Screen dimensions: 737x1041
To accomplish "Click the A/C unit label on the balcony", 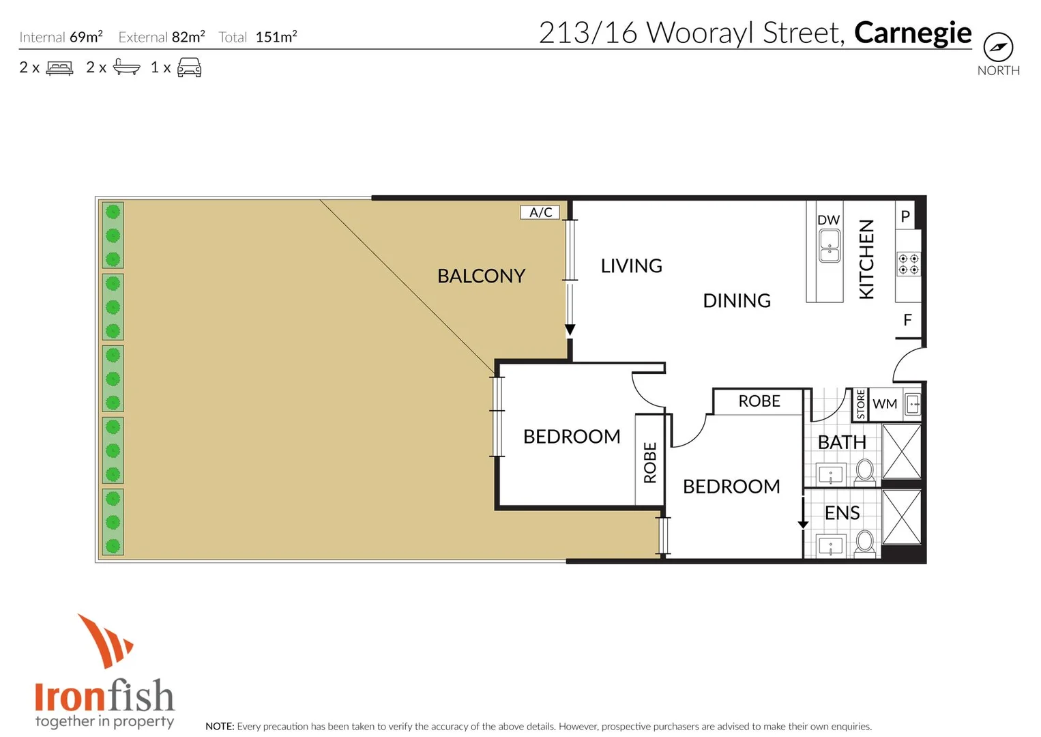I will point(540,212).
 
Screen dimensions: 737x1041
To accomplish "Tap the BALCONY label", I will point(481,276).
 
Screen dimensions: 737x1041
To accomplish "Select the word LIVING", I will point(631,265).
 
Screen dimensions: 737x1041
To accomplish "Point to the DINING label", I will point(737,300).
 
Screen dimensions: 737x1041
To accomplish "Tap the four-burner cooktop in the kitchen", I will point(909,264).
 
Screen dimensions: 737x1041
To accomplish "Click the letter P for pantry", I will point(905,216).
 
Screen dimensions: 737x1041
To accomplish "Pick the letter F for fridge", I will point(907,320).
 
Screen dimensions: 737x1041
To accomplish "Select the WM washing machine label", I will point(885,404).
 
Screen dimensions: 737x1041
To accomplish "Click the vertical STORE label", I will point(861,404).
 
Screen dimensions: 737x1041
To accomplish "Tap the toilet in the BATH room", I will point(865,470).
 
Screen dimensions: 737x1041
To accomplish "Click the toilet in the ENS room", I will point(865,542).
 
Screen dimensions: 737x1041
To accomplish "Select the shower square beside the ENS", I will point(902,517).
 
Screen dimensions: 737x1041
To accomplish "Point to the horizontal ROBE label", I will point(759,401).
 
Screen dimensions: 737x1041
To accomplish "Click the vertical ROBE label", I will point(649,462).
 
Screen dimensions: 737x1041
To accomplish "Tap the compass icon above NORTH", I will point(998,47).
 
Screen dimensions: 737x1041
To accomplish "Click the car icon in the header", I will point(189,68).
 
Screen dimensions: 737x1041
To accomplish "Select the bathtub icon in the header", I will point(126,67).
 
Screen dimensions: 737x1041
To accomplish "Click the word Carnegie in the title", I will point(912,33).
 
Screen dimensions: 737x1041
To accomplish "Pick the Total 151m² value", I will point(276,37).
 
